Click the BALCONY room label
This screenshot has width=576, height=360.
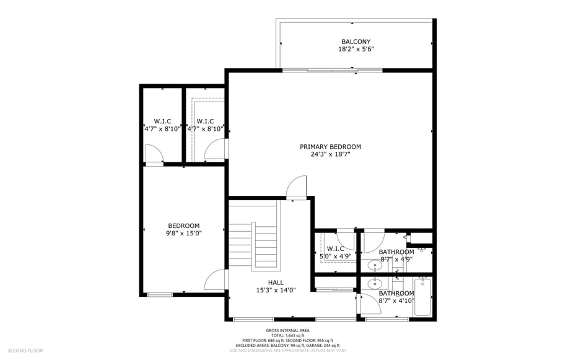356,42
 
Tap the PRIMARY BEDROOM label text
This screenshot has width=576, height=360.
330,147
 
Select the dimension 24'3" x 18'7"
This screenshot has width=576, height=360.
330,154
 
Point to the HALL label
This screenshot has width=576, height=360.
268,283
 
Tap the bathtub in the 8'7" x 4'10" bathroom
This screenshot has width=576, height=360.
422,297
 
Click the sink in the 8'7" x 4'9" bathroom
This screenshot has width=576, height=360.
374,266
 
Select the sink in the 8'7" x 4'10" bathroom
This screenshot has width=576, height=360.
374,284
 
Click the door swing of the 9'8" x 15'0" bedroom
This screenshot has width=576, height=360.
215,280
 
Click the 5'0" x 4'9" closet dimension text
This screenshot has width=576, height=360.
335,256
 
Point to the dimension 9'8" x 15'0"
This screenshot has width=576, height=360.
184,233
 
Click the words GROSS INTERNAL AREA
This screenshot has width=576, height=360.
287,330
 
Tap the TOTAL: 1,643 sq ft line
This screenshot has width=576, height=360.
287,335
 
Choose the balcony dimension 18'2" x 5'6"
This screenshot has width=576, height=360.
356,49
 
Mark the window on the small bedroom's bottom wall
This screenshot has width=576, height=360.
160,294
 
